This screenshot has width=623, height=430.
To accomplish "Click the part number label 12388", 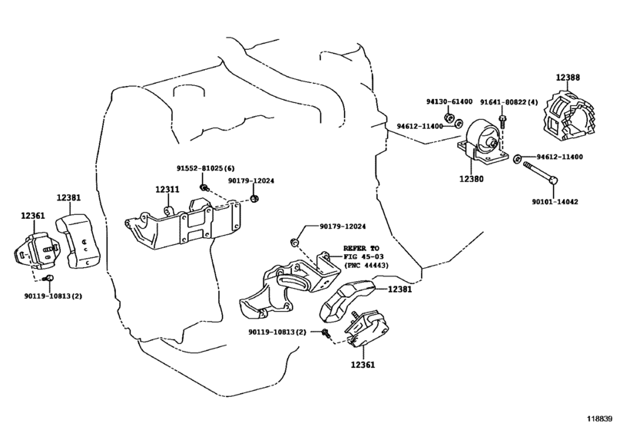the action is (568, 78).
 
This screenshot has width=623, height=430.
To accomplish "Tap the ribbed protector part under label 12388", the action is (568, 115).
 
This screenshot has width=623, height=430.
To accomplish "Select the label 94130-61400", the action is (449, 101).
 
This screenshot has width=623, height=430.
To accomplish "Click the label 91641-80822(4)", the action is (509, 102).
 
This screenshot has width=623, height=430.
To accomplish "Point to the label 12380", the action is (471, 179).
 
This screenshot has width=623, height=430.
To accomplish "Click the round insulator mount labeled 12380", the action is (482, 141).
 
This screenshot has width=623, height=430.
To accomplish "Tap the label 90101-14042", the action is (555, 202).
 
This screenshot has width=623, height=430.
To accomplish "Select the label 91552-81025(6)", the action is (205, 168).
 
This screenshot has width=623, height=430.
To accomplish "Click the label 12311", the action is (167, 190).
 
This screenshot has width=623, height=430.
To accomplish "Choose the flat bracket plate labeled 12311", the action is (183, 224).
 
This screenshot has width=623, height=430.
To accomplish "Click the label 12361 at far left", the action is (32, 216).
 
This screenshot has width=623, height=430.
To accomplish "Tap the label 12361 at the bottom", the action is (363, 364).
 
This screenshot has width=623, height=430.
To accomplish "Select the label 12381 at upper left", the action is (68, 197).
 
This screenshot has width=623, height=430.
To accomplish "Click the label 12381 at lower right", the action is (399, 289).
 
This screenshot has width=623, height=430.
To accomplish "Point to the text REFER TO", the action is (361, 249).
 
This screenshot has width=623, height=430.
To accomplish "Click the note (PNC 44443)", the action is (366, 265).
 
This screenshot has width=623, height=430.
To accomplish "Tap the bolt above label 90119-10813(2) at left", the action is (49, 278).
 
